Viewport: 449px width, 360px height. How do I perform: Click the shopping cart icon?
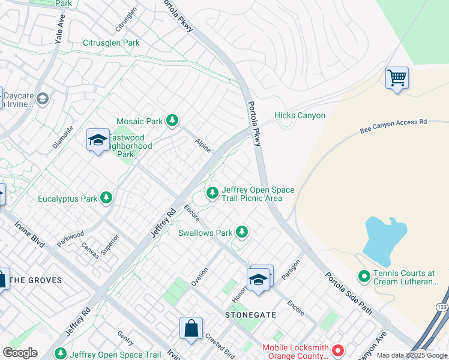[397, 78]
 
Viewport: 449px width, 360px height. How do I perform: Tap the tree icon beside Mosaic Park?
[173, 121]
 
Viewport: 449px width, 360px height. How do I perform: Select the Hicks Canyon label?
[300, 115]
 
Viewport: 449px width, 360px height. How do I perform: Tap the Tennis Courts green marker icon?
[364, 277]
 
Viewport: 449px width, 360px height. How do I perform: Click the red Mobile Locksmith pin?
[338, 349]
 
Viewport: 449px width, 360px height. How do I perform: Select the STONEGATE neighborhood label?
[250, 314]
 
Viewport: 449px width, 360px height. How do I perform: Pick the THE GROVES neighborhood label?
[37, 280]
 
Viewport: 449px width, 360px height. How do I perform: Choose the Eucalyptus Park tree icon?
[106, 198]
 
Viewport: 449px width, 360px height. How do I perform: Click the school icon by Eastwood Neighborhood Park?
[98, 140]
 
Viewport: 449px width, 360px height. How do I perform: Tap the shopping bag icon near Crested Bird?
[191, 329]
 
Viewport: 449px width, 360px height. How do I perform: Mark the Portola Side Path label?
[349, 293]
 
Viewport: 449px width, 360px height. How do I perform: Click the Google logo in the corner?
[20, 353]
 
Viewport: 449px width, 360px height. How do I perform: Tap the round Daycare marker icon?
[42, 98]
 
